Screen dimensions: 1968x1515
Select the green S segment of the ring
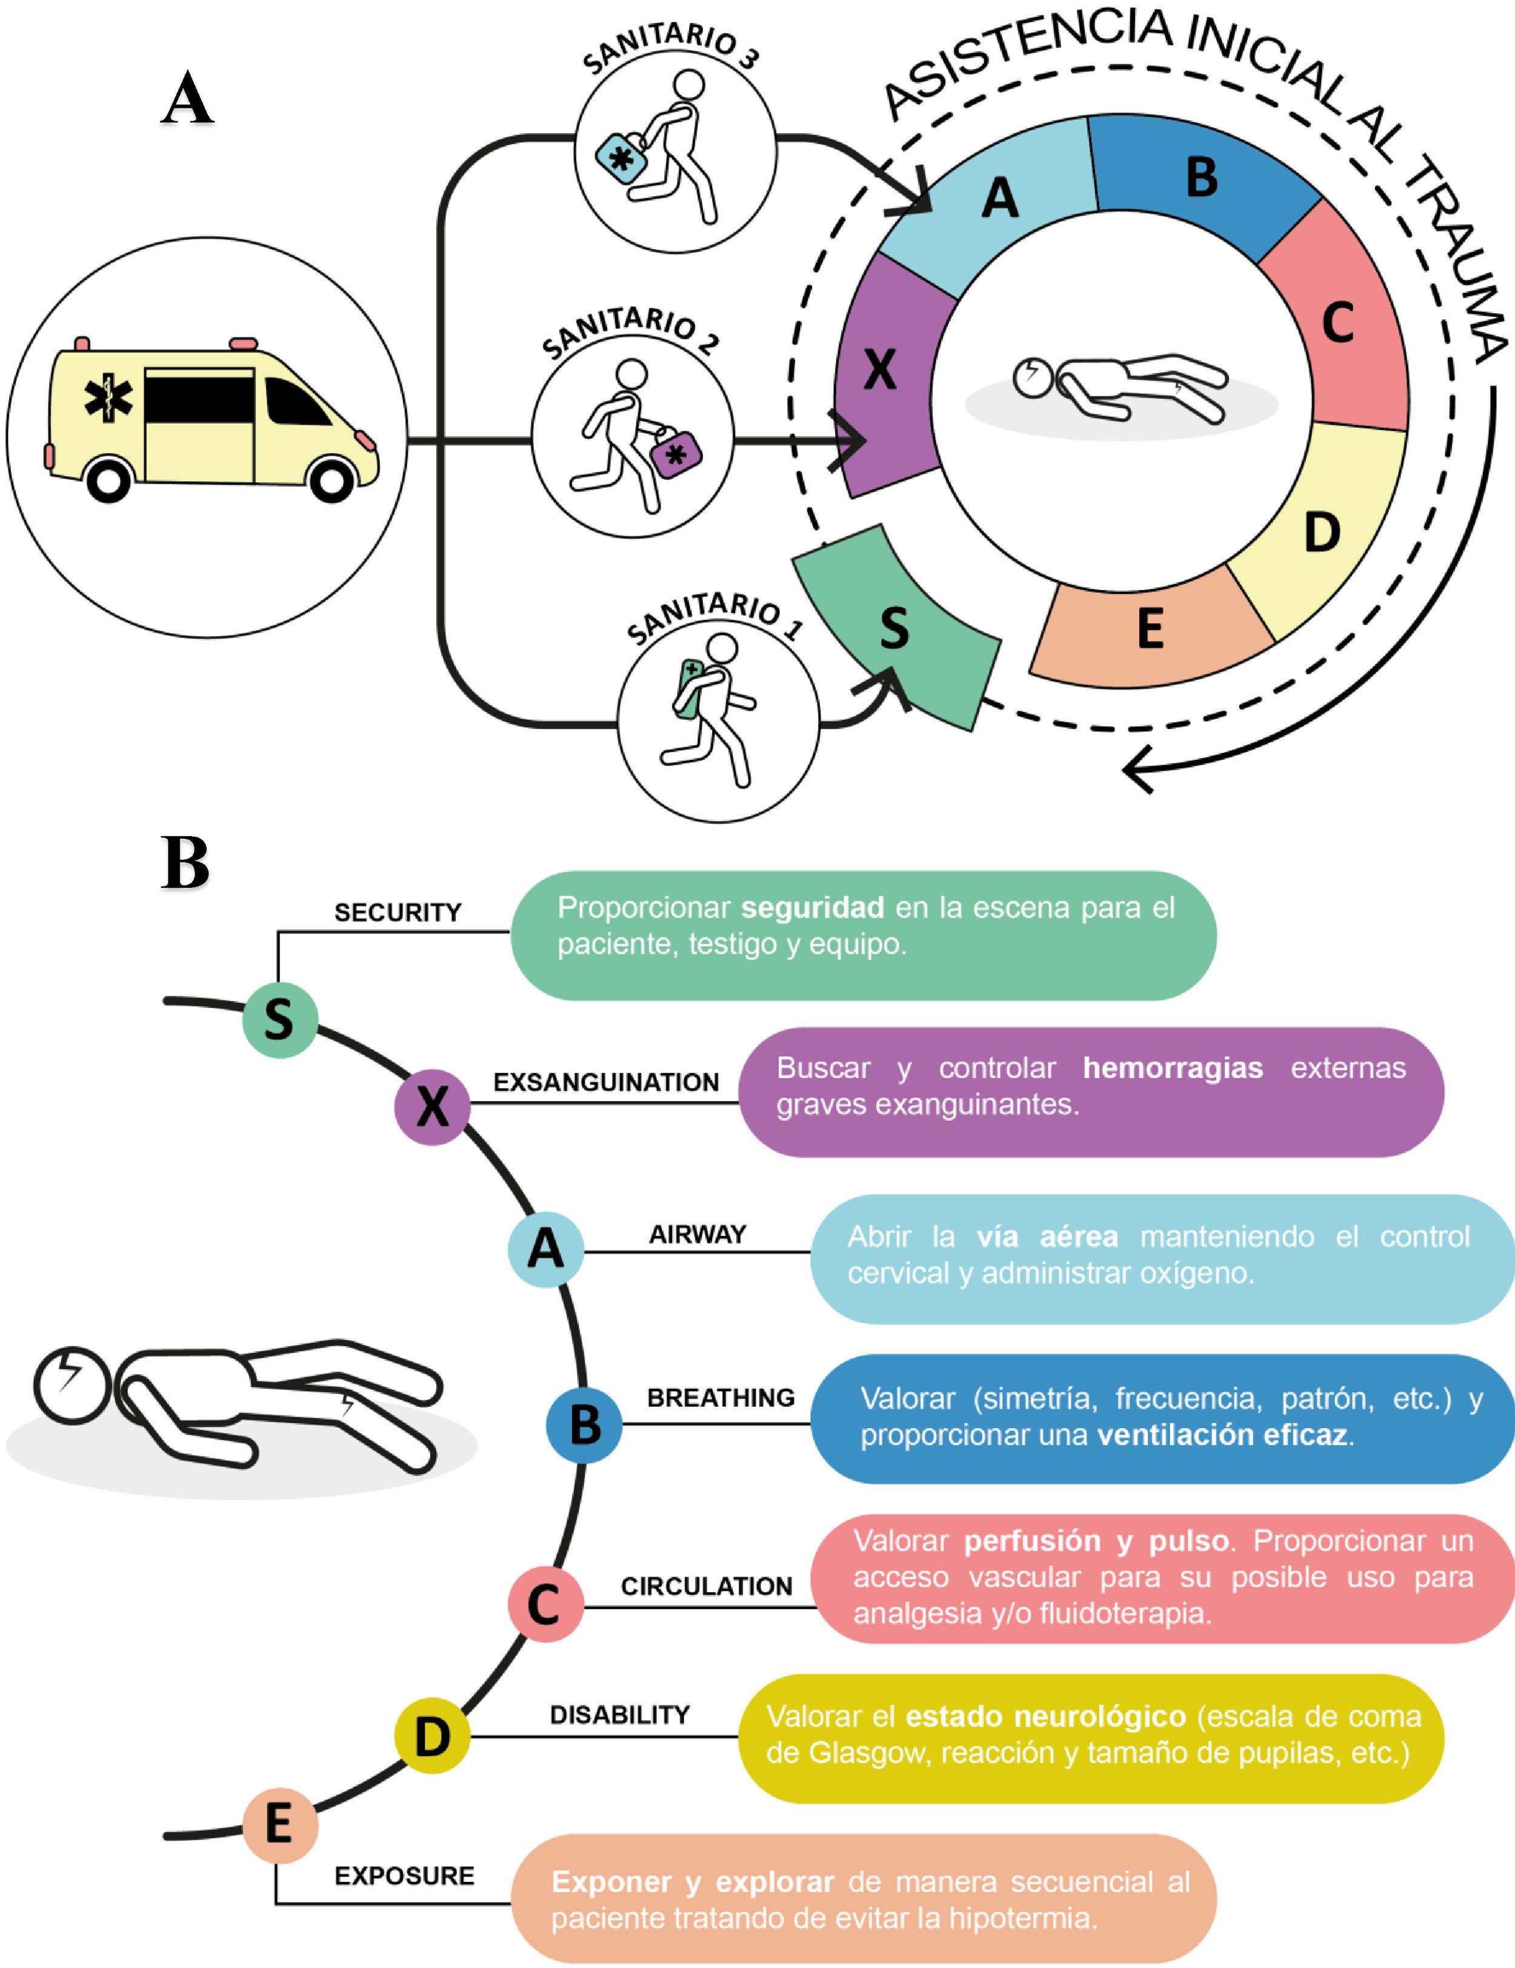[x=897, y=631]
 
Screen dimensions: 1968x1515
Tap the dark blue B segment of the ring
[x=1199, y=180]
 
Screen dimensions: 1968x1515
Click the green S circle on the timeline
[x=279, y=1020]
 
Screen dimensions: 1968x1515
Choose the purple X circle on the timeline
[x=433, y=1106]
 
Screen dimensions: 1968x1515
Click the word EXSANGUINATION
[x=605, y=1082]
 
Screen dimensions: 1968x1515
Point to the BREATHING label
[x=721, y=1398]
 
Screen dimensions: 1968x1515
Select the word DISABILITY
[x=620, y=1715]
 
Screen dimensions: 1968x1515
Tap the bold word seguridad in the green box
[x=812, y=908]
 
